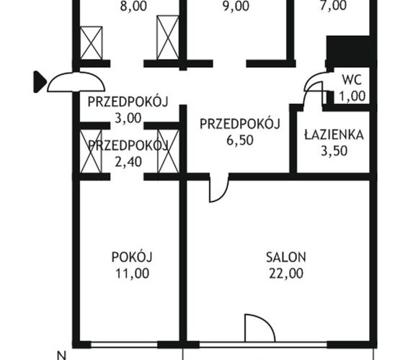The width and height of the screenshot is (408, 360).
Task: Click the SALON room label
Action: coord(285,257)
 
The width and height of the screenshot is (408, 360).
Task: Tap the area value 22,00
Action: coord(286,274)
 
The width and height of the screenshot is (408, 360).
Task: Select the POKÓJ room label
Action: coord(132,257)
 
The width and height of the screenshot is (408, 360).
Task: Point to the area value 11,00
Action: coord(132,274)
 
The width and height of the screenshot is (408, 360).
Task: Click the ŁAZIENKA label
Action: coord(334,135)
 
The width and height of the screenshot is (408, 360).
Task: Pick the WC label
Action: coord(352,80)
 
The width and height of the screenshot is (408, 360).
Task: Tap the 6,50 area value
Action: coord(240,140)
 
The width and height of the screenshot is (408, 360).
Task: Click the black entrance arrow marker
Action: coord(40,82)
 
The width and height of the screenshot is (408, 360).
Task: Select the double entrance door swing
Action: coord(76,82)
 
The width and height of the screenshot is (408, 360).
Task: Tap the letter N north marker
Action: coord(62,356)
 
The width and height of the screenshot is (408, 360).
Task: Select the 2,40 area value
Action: coord(128,162)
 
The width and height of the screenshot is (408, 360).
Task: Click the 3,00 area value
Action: coord(128,118)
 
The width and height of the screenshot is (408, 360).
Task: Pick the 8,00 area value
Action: coord(133,6)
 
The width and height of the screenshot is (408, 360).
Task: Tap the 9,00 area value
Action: coord(236,6)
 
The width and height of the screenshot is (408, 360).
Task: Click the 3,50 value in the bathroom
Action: coord(334,150)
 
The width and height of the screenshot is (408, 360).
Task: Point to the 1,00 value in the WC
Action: coord(352,96)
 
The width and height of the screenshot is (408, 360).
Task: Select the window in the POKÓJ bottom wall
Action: coord(125,345)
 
